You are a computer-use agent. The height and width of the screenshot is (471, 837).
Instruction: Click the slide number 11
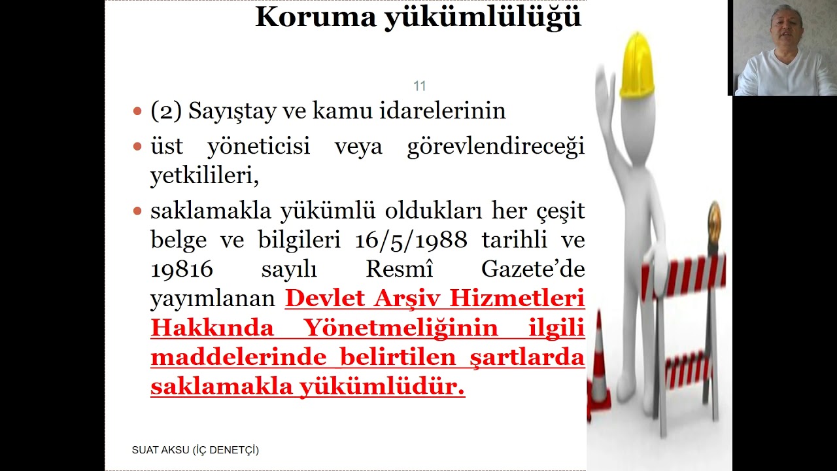(419, 86)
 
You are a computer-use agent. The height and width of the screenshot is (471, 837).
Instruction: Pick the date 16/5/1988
(411, 240)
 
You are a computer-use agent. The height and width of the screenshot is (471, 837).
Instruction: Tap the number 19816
(182, 270)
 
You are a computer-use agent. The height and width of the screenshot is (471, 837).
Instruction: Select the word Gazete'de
(532, 270)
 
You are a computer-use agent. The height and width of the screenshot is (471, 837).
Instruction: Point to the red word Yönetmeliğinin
(401, 328)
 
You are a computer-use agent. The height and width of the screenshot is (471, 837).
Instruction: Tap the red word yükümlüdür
(382, 387)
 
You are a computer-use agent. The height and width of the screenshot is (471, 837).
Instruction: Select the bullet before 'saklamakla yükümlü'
(137, 211)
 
